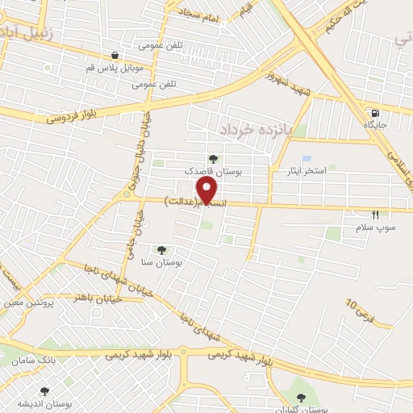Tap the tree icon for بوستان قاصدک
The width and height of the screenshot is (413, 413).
tap(212, 160)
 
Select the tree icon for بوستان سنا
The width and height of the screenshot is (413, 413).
tap(162, 250)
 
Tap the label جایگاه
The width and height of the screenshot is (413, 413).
tap(374, 126)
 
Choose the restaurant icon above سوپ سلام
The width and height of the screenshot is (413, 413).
tap(375, 215)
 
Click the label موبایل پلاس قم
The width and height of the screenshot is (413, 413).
tap(115, 69)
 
